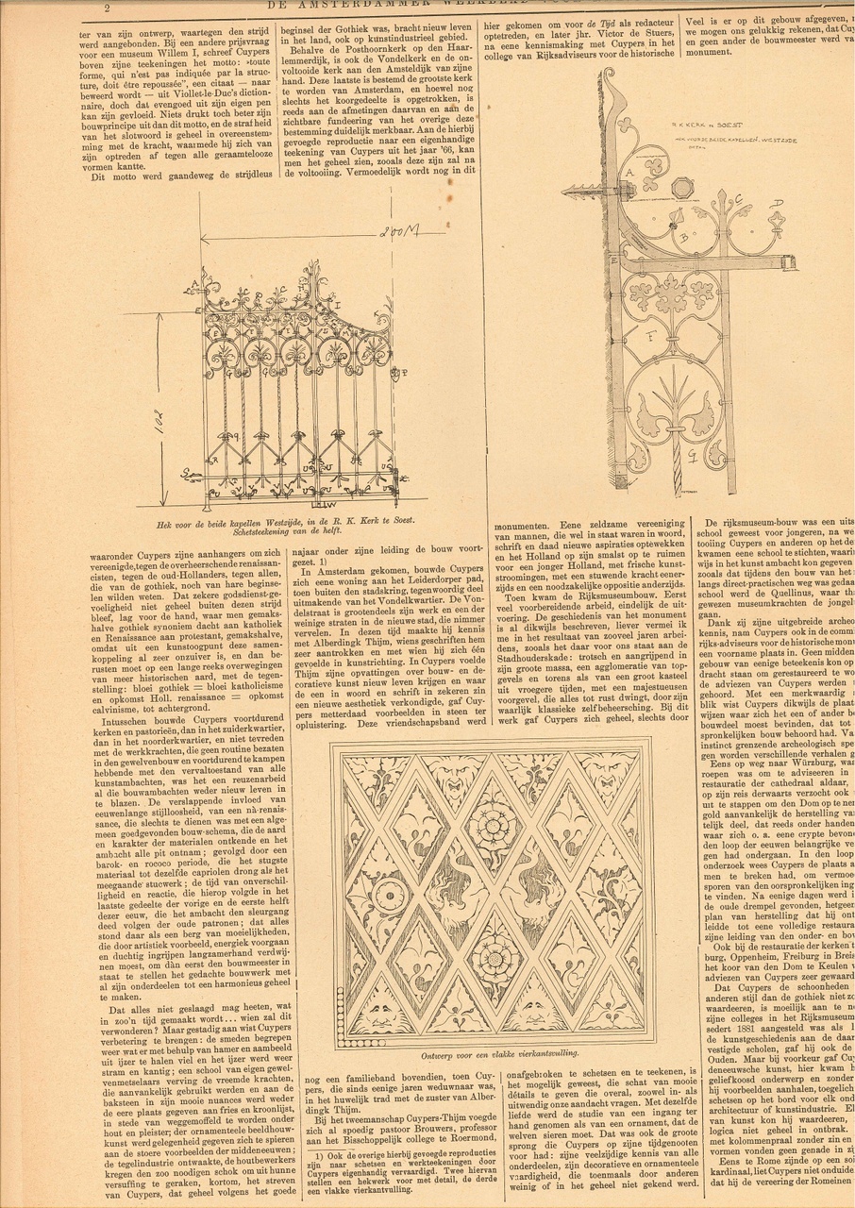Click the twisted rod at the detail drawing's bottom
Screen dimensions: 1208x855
[677, 466]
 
